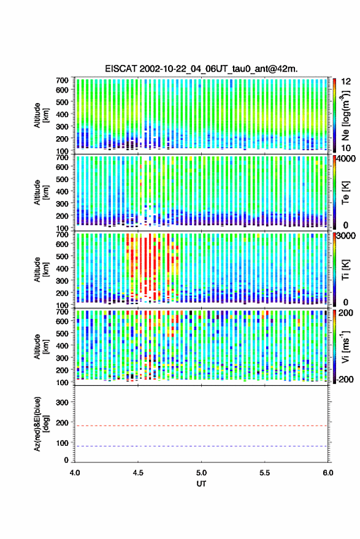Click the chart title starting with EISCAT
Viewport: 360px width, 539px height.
pyautogui.click(x=202, y=69)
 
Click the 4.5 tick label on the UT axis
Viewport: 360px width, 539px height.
pyautogui.click(x=138, y=473)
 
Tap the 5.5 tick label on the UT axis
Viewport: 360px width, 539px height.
pyautogui.click(x=264, y=473)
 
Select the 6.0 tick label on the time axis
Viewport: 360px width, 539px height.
pyautogui.click(x=327, y=473)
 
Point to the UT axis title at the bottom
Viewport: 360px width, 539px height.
pyautogui.click(x=201, y=484)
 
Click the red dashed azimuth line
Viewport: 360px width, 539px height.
pyautogui.click(x=201, y=426)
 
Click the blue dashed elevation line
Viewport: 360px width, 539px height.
pyautogui.click(x=201, y=446)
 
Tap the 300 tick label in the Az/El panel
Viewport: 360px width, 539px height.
pyautogui.click(x=62, y=402)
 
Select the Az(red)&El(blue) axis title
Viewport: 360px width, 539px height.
pyautogui.click(x=41, y=424)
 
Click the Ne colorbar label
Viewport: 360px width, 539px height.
pyautogui.click(x=345, y=115)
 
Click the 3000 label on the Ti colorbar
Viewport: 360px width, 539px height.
pyautogui.click(x=346, y=236)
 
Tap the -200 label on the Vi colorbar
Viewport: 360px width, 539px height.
pyautogui.click(x=345, y=380)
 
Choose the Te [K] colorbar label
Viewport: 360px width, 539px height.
pyautogui.click(x=345, y=193)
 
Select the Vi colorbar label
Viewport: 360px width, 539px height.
pyautogui.click(x=345, y=346)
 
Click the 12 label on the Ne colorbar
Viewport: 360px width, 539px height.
pyautogui.click(x=347, y=82)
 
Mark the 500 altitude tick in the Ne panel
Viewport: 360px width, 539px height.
pyautogui.click(x=62, y=102)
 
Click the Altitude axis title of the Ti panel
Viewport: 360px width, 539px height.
pyautogui.click(x=41, y=270)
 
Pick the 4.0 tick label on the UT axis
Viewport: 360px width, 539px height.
pyautogui.click(x=75, y=473)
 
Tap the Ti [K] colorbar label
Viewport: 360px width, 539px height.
pyautogui.click(x=345, y=270)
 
